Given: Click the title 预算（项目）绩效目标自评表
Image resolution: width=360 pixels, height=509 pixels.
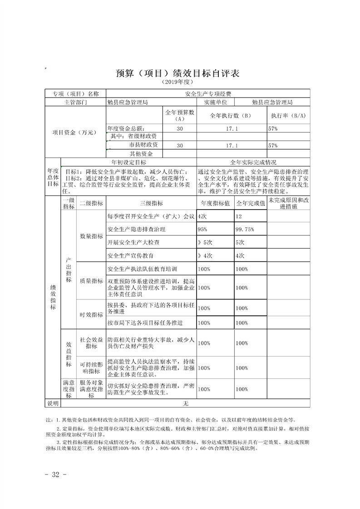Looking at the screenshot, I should pos(178,73).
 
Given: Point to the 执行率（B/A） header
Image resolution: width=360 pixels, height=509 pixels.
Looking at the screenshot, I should pos(288,115).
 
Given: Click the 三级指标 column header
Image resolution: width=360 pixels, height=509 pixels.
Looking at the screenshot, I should pos(152,204).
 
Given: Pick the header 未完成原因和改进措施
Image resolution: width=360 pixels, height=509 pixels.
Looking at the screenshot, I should pos(288,204).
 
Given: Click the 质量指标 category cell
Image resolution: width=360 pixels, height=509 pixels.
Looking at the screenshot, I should pos(91,281).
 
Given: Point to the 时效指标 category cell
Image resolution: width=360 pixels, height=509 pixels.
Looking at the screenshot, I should pos(91,315).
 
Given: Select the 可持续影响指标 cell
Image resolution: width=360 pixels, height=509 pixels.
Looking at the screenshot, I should pos(91,368).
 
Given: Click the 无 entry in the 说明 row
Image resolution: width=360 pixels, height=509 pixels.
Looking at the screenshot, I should pos(185,403).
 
